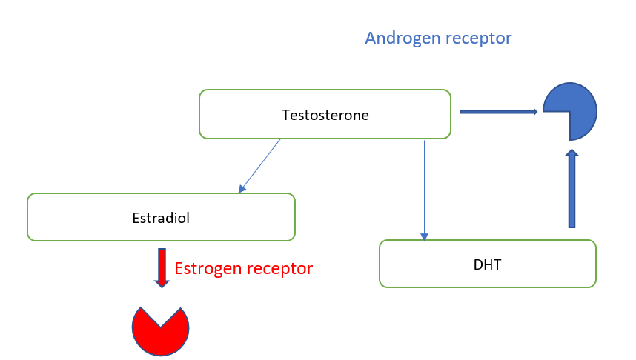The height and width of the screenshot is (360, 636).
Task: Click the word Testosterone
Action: tap(325, 115)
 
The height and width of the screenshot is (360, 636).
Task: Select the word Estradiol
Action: tap(161, 218)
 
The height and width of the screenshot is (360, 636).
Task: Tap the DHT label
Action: tap(487, 264)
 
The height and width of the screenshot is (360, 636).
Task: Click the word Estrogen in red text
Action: tap(208, 269)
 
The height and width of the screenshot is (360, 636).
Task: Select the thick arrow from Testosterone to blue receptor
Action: tap(499, 112)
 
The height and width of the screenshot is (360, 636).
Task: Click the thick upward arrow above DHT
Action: tap(572, 188)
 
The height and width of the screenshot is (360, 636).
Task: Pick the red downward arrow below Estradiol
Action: tap(162, 268)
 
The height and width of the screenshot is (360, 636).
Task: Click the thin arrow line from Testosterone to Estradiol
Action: tap(259, 165)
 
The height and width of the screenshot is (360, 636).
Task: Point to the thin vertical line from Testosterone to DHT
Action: tap(424, 190)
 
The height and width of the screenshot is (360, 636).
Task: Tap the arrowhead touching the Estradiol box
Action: tap(242, 188)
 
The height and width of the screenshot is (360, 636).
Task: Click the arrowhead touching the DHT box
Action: tap(424, 237)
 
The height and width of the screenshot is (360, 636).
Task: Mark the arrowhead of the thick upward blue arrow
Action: tap(572, 153)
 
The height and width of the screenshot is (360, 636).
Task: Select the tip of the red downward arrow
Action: tap(162, 288)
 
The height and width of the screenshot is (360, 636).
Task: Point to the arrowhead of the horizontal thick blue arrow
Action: tap(535, 112)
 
